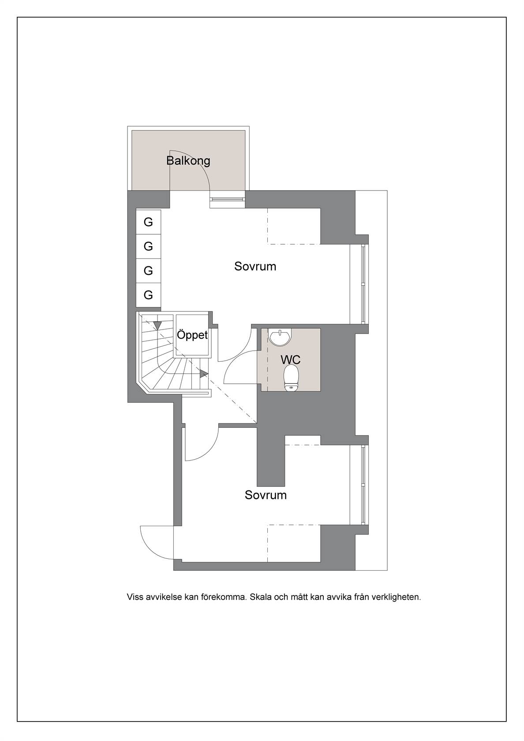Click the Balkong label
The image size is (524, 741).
188,161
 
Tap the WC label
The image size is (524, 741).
290,359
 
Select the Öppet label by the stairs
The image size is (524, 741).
192,335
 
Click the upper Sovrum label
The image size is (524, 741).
255,266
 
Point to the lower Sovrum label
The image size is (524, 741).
266,495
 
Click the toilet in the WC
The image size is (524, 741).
291,378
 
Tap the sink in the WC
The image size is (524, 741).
280,337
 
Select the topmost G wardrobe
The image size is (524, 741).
149,222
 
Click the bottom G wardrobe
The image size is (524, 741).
149,295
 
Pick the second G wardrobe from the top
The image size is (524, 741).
149,247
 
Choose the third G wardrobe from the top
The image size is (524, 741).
149,271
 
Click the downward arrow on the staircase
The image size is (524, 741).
158,325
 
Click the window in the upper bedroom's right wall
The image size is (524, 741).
364,284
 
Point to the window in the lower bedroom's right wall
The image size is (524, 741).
364,485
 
